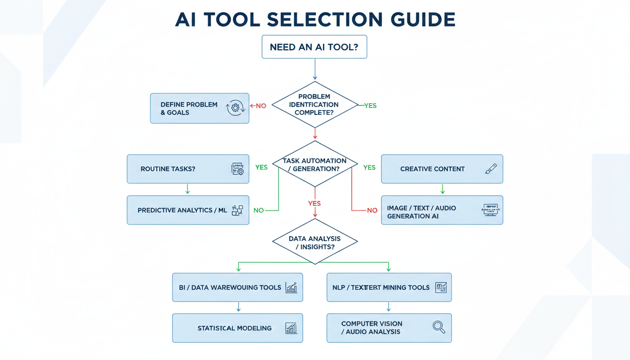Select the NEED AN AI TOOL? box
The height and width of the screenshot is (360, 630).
pyautogui.click(x=314, y=47)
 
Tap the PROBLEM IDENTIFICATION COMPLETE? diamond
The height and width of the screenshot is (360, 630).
pyautogui.click(x=314, y=105)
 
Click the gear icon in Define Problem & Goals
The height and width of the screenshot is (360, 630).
pyautogui.click(x=235, y=108)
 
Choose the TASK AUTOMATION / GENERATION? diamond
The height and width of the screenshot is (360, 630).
pyautogui.click(x=315, y=165)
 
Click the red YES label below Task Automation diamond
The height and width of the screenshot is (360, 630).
pyautogui.click(x=314, y=203)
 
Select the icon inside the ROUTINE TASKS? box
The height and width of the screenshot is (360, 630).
pyautogui.click(x=238, y=169)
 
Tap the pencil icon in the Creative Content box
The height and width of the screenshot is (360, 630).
pyautogui.click(x=491, y=169)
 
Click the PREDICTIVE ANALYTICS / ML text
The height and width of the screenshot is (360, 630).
pyautogui.click(x=182, y=210)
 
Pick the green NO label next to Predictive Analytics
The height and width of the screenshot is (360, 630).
pyautogui.click(x=258, y=210)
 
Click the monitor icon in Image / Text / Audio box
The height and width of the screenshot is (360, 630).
pyautogui.click(x=490, y=210)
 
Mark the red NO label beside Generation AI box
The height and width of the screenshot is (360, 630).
pyautogui.click(x=372, y=210)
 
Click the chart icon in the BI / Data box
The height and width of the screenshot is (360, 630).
pyautogui.click(x=291, y=287)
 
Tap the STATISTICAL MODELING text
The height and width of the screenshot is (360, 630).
pyautogui.click(x=234, y=328)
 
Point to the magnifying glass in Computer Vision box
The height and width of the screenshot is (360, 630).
pyautogui.click(x=439, y=327)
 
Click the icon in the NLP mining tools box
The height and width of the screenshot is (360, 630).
pyautogui.click(x=441, y=287)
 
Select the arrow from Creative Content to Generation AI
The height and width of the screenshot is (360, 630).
pyautogui.click(x=442, y=189)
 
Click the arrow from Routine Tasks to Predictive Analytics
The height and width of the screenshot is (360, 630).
pyautogui.click(x=187, y=189)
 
